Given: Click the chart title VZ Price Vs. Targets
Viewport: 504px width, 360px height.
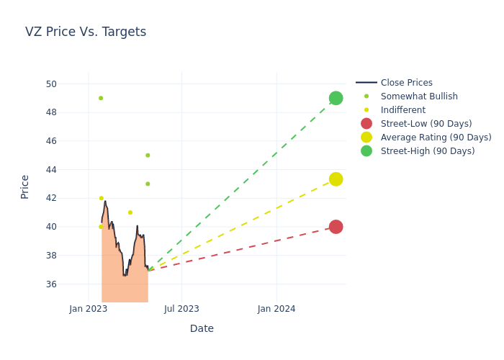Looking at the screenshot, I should pos(86,32).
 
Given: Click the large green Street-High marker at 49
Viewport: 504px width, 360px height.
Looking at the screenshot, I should pos(336,98).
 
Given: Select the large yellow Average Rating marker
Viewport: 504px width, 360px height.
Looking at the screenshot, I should pos(336,179).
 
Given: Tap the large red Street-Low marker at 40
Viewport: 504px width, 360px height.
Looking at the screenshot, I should pos(336,227).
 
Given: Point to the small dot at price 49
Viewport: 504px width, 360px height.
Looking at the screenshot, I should pos(101,98).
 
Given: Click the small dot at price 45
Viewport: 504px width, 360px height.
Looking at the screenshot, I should pos(148,156).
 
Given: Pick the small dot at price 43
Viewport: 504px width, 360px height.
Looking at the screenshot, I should pos(148,184).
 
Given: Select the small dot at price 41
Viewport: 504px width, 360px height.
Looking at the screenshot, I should pos(130,212).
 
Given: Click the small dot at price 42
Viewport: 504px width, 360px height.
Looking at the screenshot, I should pos(102,198).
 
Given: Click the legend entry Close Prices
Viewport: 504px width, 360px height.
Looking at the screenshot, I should pos(406,83).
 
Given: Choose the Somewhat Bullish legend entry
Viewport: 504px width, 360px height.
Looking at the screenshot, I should pos(419,96).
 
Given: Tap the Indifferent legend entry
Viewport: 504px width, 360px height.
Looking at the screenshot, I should pos(402,110).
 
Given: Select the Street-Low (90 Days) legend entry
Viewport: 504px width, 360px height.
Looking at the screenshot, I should pos(426,124).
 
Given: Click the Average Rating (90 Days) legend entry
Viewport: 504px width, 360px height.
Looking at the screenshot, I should pos(436,138).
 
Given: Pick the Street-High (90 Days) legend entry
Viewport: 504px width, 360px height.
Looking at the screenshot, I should pos(427,151).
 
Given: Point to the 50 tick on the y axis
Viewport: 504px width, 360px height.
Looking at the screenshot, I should pos(51,84).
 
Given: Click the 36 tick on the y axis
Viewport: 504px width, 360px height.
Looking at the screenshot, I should pos(51,284).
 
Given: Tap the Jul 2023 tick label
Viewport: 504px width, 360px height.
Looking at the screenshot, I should pos(181,309).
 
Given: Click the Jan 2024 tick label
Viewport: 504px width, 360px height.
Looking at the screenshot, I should pos(276,309).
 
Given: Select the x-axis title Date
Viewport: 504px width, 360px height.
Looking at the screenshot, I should pos(202,329).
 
